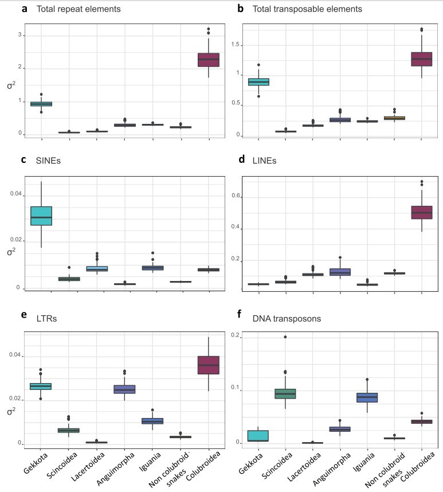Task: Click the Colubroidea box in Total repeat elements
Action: [x=209, y=60]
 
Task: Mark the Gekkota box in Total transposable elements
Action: [x=258, y=81]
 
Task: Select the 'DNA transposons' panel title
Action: [x=279, y=318]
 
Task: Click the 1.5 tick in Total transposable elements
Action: [x=232, y=44]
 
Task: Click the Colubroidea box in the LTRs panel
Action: [x=209, y=365]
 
